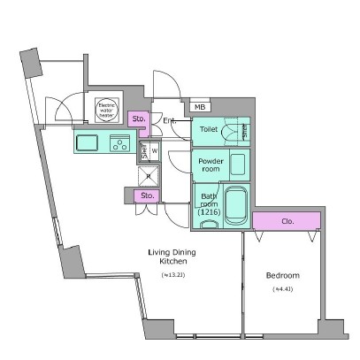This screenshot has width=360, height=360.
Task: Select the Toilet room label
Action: click(x=209, y=129)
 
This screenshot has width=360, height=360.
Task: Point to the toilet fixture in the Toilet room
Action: click(x=233, y=132)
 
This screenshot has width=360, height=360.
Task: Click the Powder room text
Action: click(x=211, y=165)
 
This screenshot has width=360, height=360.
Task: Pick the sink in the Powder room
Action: click(x=238, y=164)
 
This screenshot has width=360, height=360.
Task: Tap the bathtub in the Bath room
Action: click(x=235, y=207)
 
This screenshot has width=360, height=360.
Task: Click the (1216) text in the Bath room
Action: click(x=210, y=213)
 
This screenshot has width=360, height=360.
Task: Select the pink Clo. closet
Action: click(x=285, y=220)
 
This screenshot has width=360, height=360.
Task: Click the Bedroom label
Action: click(x=283, y=275)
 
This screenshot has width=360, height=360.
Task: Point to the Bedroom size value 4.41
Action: click(x=283, y=288)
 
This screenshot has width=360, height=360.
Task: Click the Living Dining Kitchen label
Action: click(x=172, y=257)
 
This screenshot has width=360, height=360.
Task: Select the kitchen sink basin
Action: click(x=88, y=142)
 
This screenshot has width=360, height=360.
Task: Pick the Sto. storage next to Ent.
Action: click(x=138, y=118)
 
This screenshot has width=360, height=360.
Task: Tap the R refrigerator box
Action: click(x=148, y=174)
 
